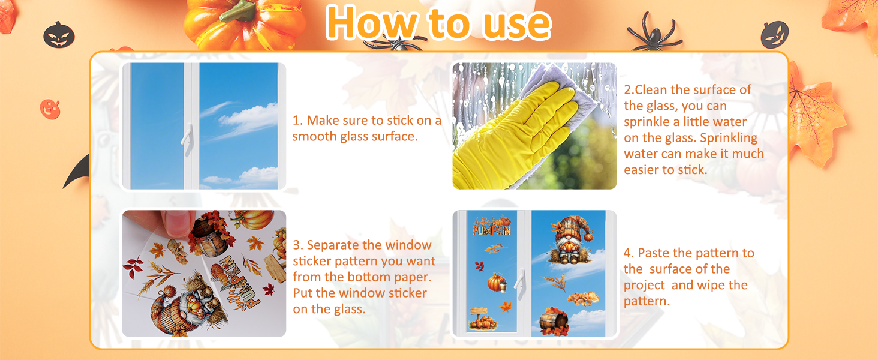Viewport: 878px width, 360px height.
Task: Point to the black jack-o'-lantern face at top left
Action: tap(59, 35)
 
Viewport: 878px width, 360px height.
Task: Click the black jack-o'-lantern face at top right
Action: tap(774, 35)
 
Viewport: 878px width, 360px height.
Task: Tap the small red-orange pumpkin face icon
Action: tap(50, 109)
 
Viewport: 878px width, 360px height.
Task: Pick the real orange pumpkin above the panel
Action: tap(245, 23)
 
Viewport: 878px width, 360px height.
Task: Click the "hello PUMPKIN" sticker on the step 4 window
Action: tap(492, 226)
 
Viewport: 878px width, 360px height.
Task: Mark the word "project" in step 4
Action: tap(644, 286)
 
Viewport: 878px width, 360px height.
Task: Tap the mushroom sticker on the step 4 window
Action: tap(584, 299)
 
